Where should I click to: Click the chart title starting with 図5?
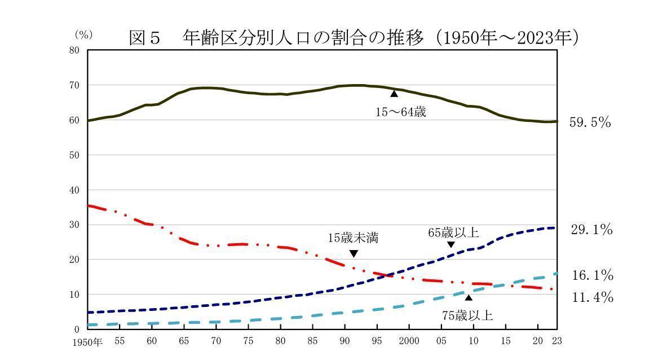pos(354,38)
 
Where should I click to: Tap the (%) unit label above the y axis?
pos(83,35)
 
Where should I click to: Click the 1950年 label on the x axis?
pos(87,342)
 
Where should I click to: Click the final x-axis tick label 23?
pos(557,341)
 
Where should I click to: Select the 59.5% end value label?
pos(590,122)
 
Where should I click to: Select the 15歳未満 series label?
pos(353,238)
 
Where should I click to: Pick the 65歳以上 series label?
pos(453,232)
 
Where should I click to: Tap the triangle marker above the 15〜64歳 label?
pos(394,94)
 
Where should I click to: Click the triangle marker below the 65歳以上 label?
pos(451,244)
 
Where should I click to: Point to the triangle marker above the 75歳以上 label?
pos(468,297)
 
